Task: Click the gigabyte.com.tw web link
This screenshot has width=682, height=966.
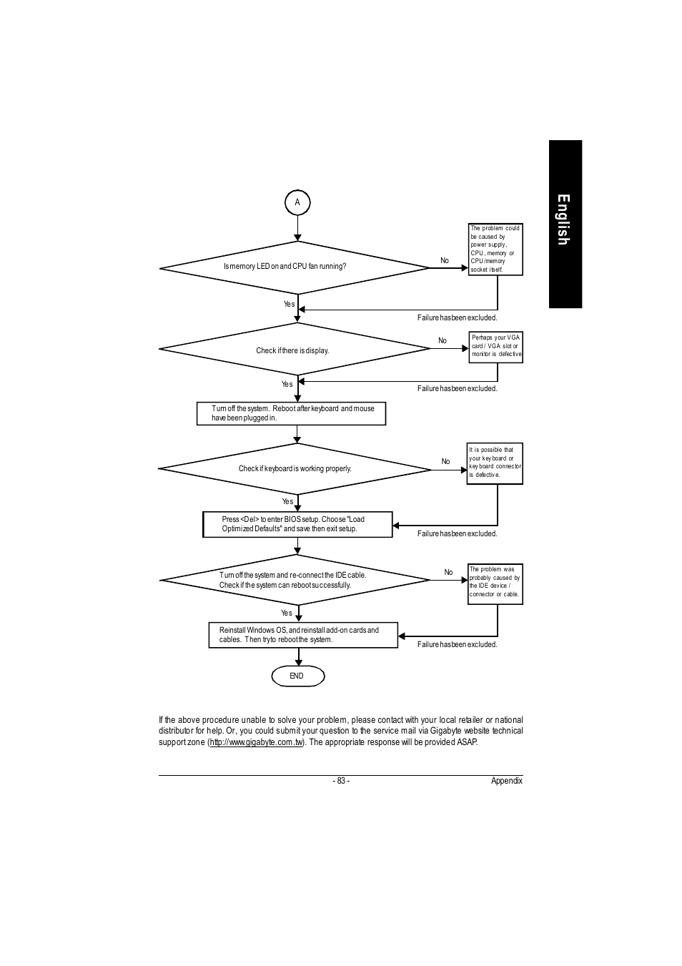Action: (x=257, y=742)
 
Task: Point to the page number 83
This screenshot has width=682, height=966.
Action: (x=341, y=781)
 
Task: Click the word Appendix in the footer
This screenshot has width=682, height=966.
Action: (x=507, y=781)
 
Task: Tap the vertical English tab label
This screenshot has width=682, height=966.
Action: (x=563, y=220)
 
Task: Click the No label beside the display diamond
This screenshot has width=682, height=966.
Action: (x=443, y=340)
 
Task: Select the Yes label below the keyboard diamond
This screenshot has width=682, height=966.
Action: (x=287, y=501)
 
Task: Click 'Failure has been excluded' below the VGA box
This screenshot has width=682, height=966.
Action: (x=457, y=388)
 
